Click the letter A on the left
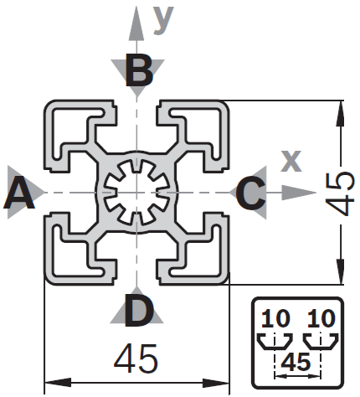pos(19,193)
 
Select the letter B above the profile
pos(139,70)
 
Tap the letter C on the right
pos(250,193)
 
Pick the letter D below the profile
pos(139,310)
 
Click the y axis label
pos(163,19)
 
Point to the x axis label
pos(291,161)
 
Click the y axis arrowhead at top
pos(136,23)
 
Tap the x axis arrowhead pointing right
pos(298,193)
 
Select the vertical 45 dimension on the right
pos(340,193)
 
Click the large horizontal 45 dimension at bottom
pos(136,358)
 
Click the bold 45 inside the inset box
pos(296,362)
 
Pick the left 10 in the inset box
pos(275,318)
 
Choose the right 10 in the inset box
pos(321,318)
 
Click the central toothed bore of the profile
pos(136,193)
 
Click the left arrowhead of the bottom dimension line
pos(58,383)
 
